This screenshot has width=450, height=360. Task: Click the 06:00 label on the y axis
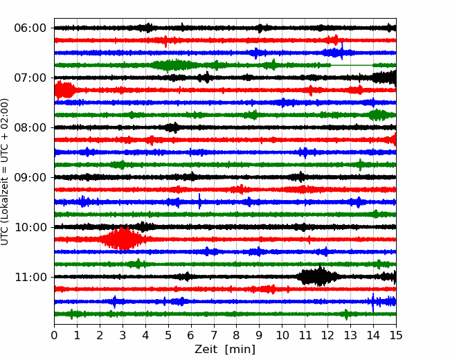click(x=30, y=28)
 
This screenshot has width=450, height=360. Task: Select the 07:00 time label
click(x=30, y=78)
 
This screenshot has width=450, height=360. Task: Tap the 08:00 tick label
click(x=30, y=127)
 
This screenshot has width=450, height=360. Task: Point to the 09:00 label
click(x=30, y=177)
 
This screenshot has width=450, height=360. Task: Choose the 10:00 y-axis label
click(x=30, y=227)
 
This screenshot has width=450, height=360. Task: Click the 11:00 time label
click(x=30, y=277)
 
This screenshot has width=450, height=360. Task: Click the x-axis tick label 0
click(x=54, y=335)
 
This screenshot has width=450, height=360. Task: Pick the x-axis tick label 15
click(x=396, y=335)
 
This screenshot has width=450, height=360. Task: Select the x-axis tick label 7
click(x=214, y=335)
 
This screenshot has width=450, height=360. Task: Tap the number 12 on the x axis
click(x=327, y=335)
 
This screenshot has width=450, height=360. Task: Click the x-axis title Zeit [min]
click(x=225, y=350)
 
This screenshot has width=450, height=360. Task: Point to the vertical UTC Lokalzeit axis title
click(x=4, y=172)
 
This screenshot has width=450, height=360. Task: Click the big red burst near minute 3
click(x=123, y=239)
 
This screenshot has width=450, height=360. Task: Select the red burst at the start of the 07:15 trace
click(x=65, y=90)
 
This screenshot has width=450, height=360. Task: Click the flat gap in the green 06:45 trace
click(x=352, y=66)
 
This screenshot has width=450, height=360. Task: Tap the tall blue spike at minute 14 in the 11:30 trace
click(x=373, y=303)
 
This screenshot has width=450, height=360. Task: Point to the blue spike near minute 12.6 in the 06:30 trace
click(x=342, y=51)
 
